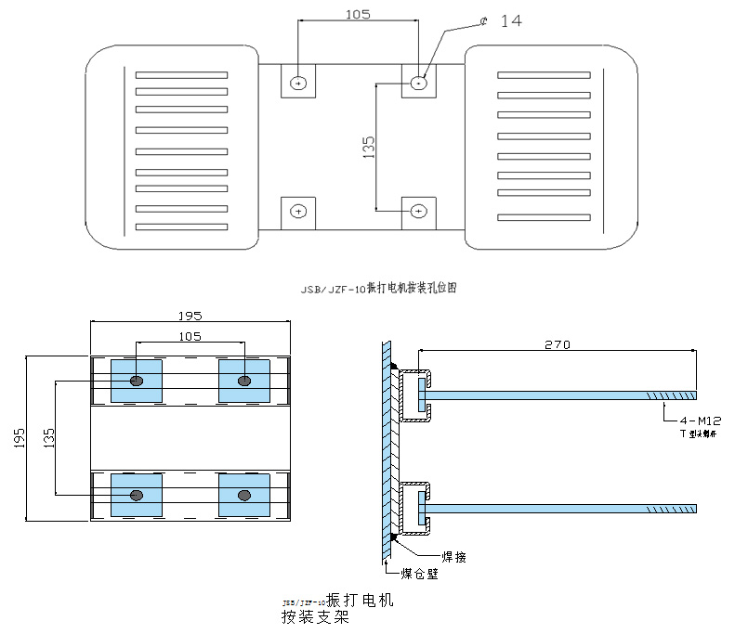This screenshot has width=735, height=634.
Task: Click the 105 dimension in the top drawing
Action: click(x=358, y=14)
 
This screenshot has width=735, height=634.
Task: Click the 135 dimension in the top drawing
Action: click(x=368, y=147)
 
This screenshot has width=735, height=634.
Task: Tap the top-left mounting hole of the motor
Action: click(x=298, y=83)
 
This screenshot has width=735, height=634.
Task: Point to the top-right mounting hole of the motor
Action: click(x=419, y=83)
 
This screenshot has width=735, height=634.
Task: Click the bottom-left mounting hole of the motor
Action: click(x=298, y=212)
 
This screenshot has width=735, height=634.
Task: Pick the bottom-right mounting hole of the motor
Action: click(x=419, y=212)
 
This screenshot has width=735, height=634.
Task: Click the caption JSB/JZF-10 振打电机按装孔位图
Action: click(x=378, y=289)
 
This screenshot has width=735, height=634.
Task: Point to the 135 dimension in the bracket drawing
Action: click(x=48, y=436)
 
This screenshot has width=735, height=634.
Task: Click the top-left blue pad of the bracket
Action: click(x=137, y=381)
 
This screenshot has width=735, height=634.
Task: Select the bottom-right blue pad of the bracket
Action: click(x=244, y=495)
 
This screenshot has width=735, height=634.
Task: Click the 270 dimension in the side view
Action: click(x=557, y=344)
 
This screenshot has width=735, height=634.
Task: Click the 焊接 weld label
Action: click(x=440, y=556)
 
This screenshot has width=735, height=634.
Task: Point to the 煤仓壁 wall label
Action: click(x=419, y=573)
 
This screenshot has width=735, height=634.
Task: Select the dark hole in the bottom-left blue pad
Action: click(x=137, y=495)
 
